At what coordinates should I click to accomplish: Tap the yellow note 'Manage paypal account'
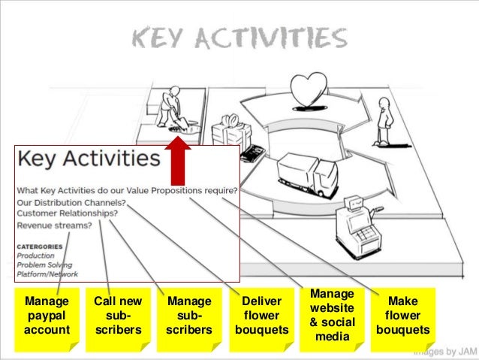[47, 316]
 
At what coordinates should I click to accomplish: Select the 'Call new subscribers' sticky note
[118, 316]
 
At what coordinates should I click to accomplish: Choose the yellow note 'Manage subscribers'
[188, 316]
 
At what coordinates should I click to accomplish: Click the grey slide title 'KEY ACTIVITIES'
[239, 38]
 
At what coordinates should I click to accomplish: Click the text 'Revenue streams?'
[55, 225]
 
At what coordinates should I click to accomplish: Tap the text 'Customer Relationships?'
[67, 213]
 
